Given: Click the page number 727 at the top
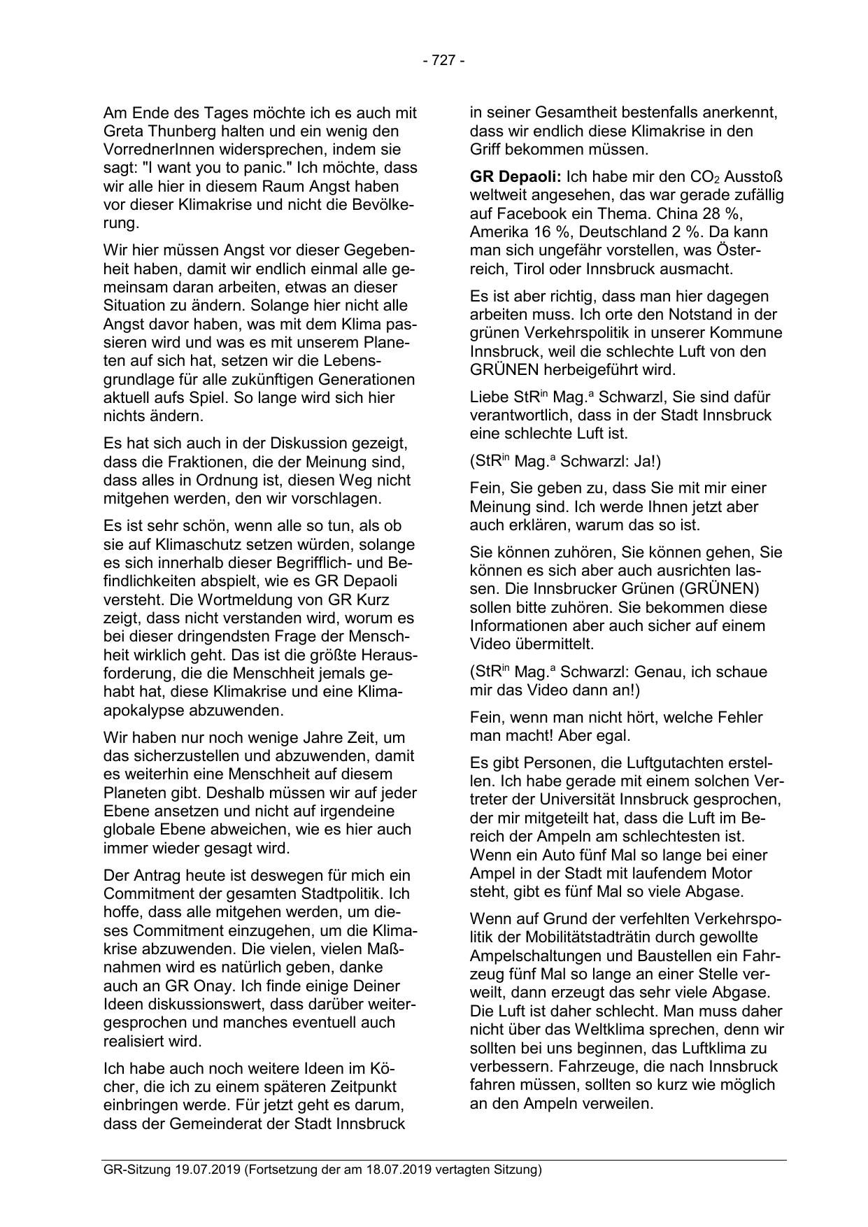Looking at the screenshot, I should (443, 61).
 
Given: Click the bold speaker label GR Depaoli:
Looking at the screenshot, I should (515, 177).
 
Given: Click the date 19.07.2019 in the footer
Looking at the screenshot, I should (208, 1170).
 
